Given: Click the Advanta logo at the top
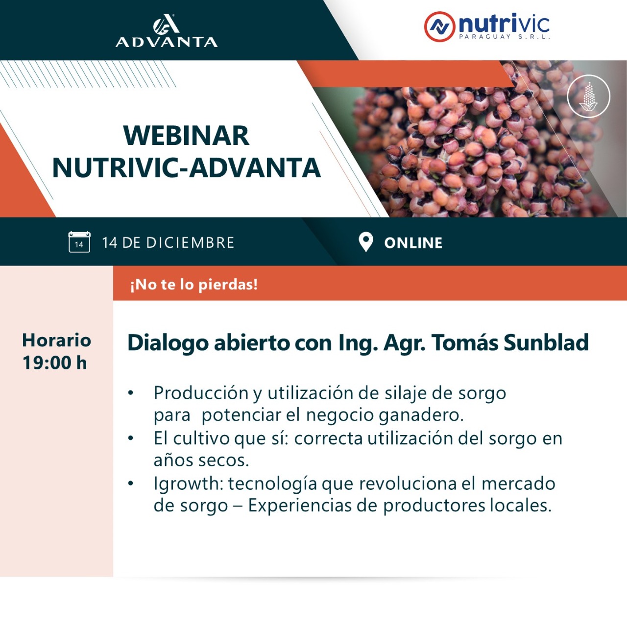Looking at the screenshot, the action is (x=167, y=30).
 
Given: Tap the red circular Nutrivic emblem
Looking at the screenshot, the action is (x=439, y=26).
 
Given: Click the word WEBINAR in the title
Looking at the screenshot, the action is (x=187, y=136).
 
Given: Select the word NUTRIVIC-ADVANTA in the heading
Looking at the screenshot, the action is (x=187, y=168).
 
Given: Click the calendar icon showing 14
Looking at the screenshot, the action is (x=79, y=242).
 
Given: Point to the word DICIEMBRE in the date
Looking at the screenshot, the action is (x=190, y=243).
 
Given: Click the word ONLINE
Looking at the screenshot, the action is (x=413, y=243).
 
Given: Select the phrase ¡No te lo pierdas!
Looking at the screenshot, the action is (x=194, y=285).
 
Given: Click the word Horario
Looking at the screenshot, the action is (x=57, y=340).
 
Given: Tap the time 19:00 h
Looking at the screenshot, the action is (x=55, y=362).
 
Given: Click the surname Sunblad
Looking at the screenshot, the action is (x=546, y=342).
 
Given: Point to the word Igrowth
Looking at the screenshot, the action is (x=189, y=483).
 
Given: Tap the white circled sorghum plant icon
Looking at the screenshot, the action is (x=589, y=96).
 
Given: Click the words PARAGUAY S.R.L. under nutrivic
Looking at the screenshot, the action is (x=505, y=37).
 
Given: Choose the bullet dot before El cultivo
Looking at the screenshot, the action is (x=131, y=438).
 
